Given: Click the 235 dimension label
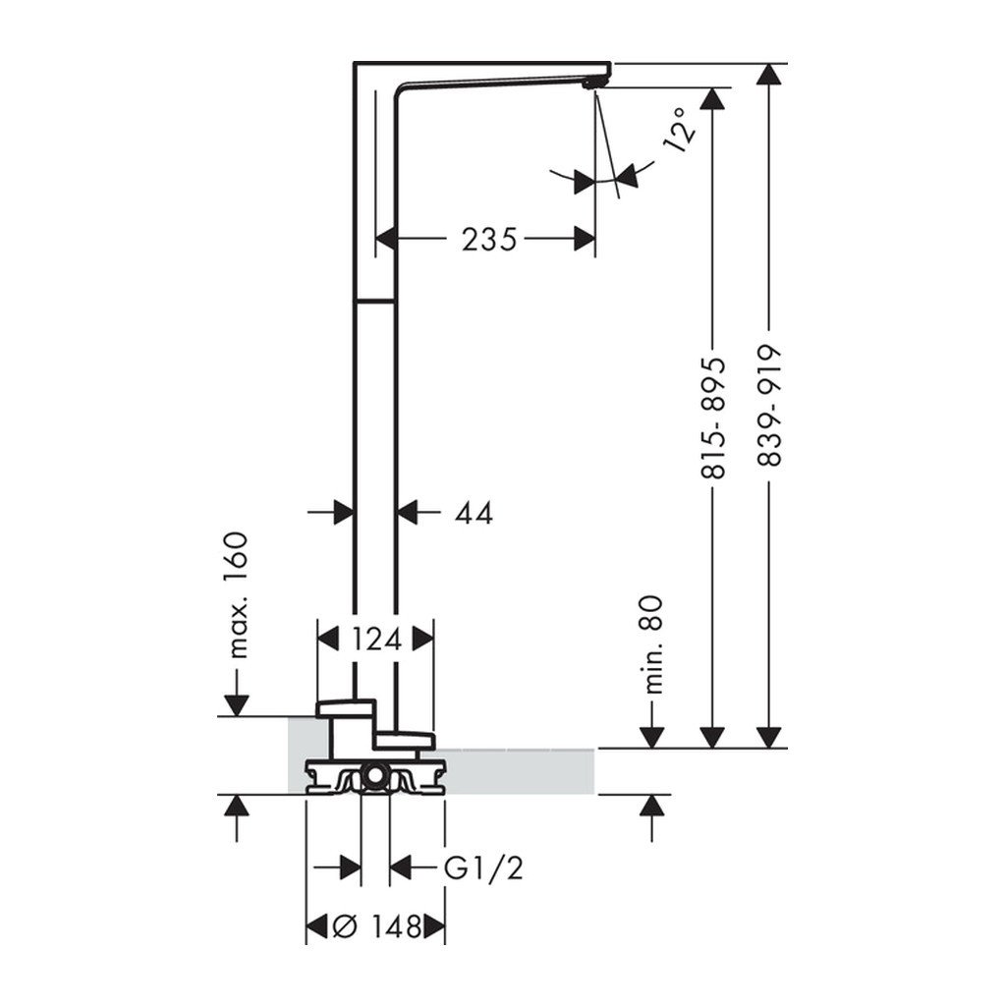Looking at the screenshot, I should point(489,238).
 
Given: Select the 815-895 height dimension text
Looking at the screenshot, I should point(714,418).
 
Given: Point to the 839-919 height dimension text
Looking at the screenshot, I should point(771,406).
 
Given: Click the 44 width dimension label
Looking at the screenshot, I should point(474,512).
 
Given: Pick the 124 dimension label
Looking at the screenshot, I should point(375,640).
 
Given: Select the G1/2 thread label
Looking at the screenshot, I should point(482,868).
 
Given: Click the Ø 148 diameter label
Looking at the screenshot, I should point(375,925).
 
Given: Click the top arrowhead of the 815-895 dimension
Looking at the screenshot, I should point(714,97).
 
